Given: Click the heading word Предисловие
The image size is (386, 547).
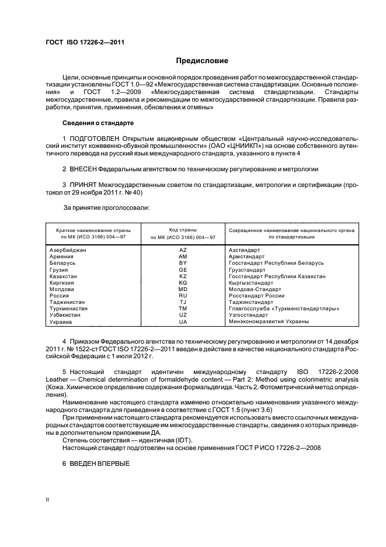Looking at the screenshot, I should click(x=202, y=61).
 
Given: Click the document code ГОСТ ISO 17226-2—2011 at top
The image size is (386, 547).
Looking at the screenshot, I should click(x=85, y=41).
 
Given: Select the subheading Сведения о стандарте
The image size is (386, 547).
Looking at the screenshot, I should click(x=98, y=123).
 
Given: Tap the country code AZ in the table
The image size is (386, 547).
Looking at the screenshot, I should click(x=183, y=250).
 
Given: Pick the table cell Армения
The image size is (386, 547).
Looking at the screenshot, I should click(x=62, y=257).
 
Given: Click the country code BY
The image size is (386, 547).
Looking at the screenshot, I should click(x=183, y=263).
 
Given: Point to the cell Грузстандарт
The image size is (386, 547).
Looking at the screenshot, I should click(x=247, y=270).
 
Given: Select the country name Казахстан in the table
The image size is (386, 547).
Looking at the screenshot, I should click(x=64, y=276).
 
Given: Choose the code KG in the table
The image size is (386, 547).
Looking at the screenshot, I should click(x=183, y=283).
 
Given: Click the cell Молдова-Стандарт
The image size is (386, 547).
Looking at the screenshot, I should click(x=255, y=289).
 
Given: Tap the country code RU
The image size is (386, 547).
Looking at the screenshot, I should click(x=183, y=296).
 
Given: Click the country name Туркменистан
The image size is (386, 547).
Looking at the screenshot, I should click(x=69, y=309).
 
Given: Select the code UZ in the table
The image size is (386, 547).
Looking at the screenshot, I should click(x=183, y=315).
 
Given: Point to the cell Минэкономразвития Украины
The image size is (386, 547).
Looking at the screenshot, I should click(x=269, y=321).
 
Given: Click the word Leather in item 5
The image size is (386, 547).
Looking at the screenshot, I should click(x=59, y=379).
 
